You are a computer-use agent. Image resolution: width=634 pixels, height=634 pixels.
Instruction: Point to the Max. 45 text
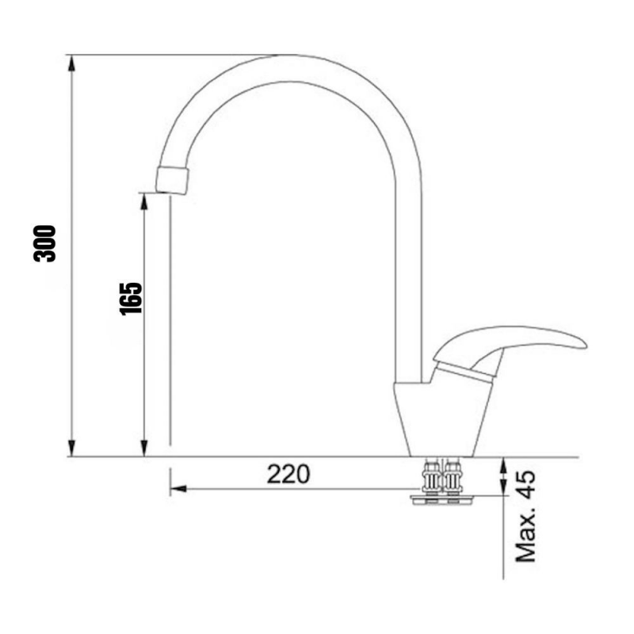pos(525,516)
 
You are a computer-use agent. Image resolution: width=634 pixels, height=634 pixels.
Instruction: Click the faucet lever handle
pos(507,342)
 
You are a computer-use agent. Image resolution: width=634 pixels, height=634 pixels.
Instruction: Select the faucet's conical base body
pos(440,420)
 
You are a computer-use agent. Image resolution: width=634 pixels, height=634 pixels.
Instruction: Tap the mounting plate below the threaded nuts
pos(442,498)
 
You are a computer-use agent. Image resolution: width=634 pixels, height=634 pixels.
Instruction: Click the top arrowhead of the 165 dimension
pos(144,198)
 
